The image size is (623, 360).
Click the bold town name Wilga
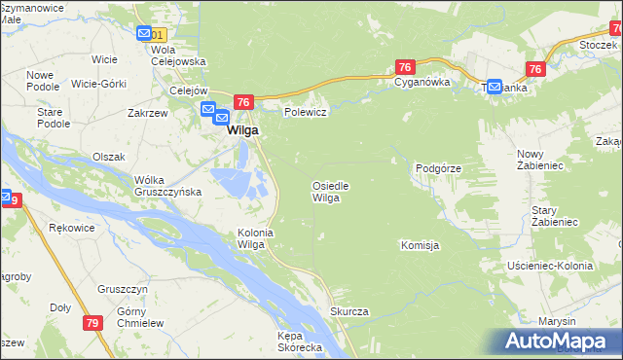242,130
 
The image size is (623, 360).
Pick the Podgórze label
437,168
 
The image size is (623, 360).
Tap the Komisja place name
420,245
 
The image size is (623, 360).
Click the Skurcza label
348,311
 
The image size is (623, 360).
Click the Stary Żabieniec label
556,216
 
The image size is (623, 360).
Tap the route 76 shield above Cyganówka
406,66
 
